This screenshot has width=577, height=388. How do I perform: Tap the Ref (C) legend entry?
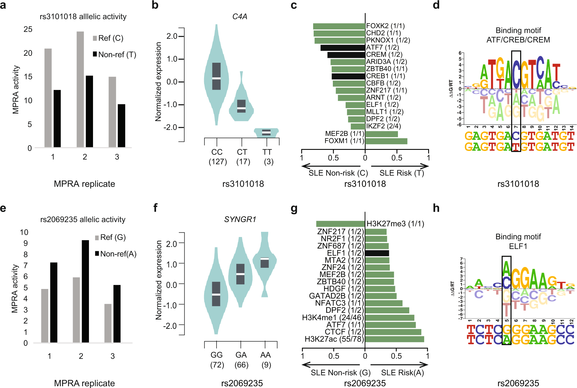pyautogui.click(x=108, y=38)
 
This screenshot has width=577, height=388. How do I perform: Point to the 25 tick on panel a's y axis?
pyautogui.click(x=28, y=29)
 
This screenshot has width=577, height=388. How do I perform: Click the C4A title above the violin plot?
pyautogui.click(x=240, y=17)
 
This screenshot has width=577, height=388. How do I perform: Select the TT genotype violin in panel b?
pyautogui.click(x=266, y=132)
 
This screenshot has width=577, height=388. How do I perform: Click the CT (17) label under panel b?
pyautogui.click(x=243, y=157)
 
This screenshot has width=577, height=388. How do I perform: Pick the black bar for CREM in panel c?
pyautogui.click(x=346, y=55)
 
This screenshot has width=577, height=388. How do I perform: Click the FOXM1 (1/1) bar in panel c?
pyautogui.click(x=386, y=141)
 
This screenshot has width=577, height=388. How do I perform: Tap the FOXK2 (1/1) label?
pyautogui.click(x=385, y=26)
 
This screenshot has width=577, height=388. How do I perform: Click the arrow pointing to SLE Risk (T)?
pyautogui.click(x=400, y=166)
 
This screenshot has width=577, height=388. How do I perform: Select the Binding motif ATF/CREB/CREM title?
pyautogui.click(x=518, y=35)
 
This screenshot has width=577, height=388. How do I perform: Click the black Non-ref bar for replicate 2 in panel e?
pyautogui.click(x=85, y=291)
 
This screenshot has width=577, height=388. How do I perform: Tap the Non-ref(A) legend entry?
pyautogui.click(x=115, y=254)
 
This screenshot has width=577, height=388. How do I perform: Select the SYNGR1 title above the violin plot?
pyautogui.click(x=240, y=219)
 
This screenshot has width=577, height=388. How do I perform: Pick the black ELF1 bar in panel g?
pyautogui.click(x=377, y=253)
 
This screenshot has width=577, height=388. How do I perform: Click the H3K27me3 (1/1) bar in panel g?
pyautogui.click(x=340, y=224)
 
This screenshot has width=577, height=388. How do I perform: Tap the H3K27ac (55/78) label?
pyautogui.click(x=334, y=339)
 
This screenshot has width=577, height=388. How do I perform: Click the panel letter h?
pyautogui.click(x=436, y=208)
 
